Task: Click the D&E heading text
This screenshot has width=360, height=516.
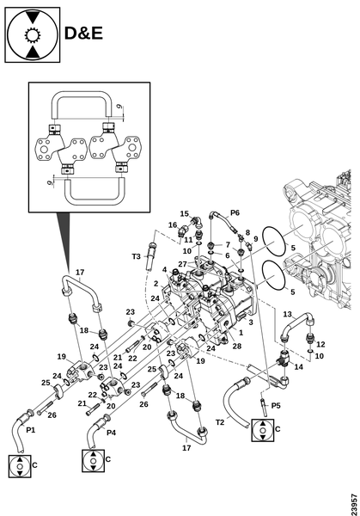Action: click(83, 34)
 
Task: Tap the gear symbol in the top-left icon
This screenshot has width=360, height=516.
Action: click(32, 35)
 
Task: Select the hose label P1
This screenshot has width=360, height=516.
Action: click(31, 430)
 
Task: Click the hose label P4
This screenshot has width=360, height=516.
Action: click(111, 433)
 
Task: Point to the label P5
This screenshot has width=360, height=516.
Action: click(276, 405)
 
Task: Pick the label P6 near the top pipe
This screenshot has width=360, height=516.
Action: click(235, 212)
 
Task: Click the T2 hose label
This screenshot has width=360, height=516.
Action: click(220, 422)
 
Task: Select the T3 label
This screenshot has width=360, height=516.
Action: click(136, 256)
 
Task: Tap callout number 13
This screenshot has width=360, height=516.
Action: click(287, 314)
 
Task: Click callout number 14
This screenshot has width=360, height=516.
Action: click(298, 366)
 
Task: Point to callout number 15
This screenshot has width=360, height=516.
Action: click(185, 213)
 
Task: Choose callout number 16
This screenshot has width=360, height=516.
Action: click(173, 225)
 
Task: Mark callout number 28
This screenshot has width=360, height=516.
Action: click(237, 346)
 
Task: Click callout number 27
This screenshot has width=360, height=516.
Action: click(182, 264)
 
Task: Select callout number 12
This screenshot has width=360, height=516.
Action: click(320, 344)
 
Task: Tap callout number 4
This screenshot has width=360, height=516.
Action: click(164, 270)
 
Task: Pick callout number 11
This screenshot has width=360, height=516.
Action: click(188, 240)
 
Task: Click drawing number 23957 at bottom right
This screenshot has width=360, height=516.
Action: click(354, 504)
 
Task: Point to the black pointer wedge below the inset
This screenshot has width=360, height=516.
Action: click(64, 238)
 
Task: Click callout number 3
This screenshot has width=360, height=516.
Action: click(251, 322)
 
